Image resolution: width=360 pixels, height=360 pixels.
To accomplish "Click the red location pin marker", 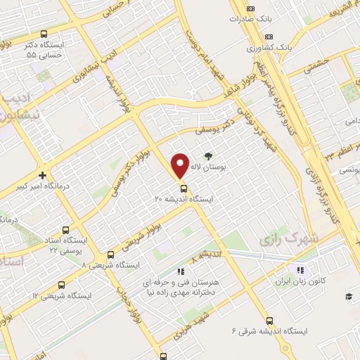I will tap(181, 166).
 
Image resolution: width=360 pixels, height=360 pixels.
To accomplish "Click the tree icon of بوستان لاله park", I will tap(208, 157).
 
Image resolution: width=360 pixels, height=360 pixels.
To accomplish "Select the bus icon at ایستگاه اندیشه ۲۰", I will tap(184, 188).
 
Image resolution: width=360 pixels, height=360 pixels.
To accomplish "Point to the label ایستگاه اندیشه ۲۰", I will tap(184, 200).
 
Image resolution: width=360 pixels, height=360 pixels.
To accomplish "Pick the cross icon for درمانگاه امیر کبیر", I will tap(43, 175).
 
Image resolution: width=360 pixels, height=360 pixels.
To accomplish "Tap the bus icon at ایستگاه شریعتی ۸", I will tap(110, 255).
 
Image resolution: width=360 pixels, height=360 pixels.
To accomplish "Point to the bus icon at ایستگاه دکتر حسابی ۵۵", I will tap(44, 33).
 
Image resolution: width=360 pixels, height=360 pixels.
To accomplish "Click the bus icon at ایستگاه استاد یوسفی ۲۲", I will tap(66, 229).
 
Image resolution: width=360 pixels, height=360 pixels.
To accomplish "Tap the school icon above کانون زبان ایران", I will tap(300, 270).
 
